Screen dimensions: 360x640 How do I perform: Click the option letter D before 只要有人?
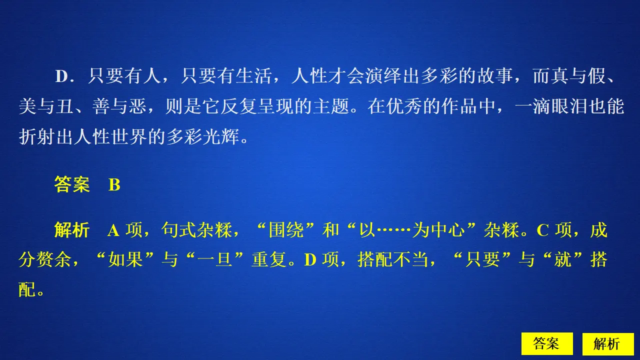click(x=61, y=76)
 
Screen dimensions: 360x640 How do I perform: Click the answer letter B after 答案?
click(x=114, y=185)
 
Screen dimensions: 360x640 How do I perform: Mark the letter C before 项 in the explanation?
click(x=543, y=230)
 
